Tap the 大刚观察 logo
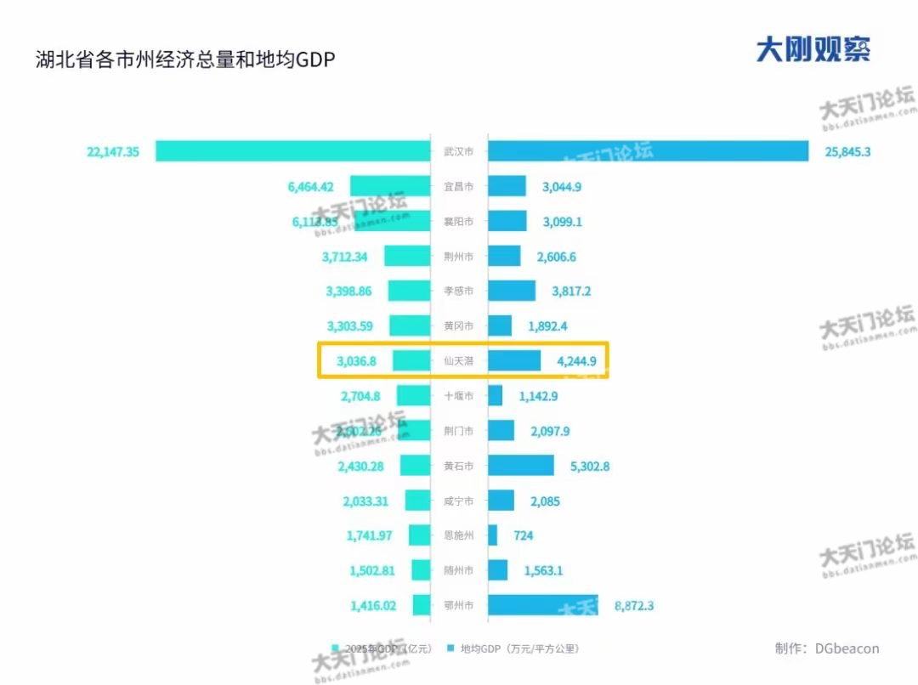pyautogui.click(x=813, y=49)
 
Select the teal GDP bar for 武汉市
pyautogui.click(x=292, y=151)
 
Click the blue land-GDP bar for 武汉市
pyautogui.click(x=648, y=150)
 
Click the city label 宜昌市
pyautogui.click(x=459, y=186)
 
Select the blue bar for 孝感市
pyautogui.click(x=512, y=291)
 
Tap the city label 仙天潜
pyautogui.click(x=459, y=361)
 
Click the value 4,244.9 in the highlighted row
pyautogui.click(x=576, y=361)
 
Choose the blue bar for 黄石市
pyautogui.click(x=520, y=466)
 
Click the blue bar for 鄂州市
pyautogui.click(x=543, y=605)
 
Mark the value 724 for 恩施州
pyautogui.click(x=524, y=535)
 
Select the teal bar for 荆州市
pyautogui.click(x=407, y=256)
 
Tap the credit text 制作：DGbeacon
pyautogui.click(x=827, y=648)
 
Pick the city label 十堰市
pyautogui.click(x=459, y=396)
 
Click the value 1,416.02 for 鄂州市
pyautogui.click(x=373, y=606)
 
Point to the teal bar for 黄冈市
pyautogui.click(x=410, y=326)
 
